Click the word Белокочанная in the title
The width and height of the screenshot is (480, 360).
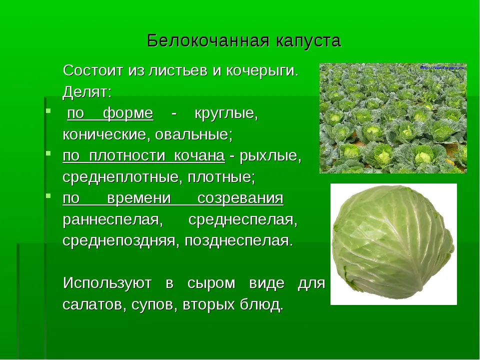click(x=208, y=40)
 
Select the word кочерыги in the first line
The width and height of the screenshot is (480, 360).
click(x=262, y=71)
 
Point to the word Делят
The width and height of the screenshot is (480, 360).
click(x=87, y=92)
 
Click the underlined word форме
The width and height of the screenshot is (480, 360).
click(x=128, y=114)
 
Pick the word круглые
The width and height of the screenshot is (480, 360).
click(x=226, y=114)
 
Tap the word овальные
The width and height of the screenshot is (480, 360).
click(x=194, y=134)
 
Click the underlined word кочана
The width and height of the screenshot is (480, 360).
click(x=199, y=156)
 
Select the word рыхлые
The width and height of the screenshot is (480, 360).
click(x=270, y=156)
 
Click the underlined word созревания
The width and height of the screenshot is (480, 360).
click(x=240, y=198)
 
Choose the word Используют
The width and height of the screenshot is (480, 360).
click(x=107, y=283)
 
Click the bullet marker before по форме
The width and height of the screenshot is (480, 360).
click(x=48, y=110)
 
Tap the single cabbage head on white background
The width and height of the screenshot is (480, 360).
click(x=393, y=243)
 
